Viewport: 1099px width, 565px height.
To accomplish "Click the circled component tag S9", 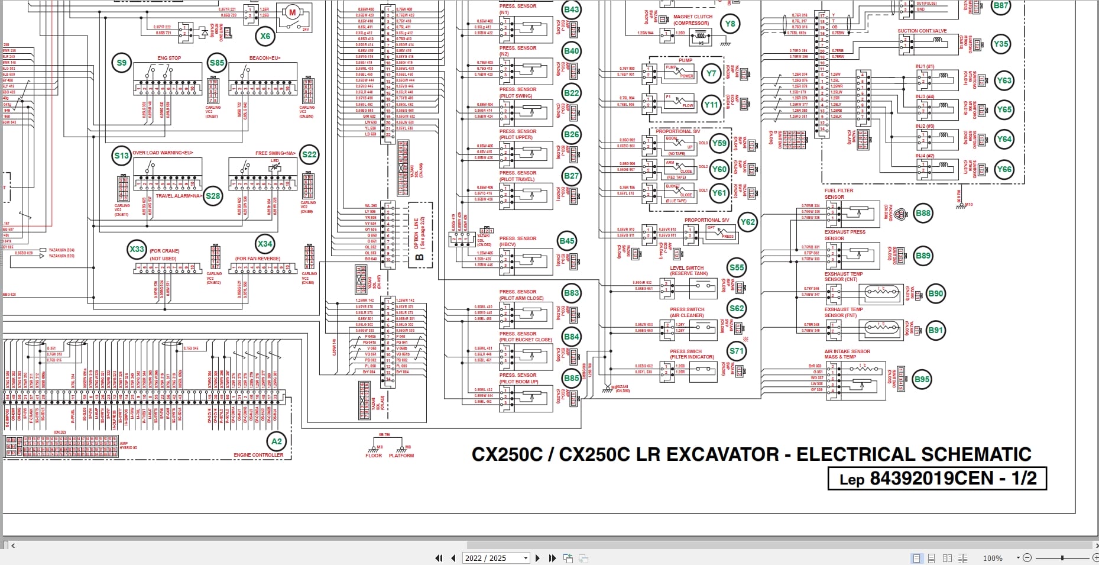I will click(121, 63).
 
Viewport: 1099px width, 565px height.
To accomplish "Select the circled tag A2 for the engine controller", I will click(277, 441).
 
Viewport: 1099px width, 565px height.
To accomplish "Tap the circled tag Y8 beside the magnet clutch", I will click(730, 24).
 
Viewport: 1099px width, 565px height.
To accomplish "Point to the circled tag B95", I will click(922, 380).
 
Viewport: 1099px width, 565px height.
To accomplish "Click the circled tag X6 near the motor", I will click(265, 36).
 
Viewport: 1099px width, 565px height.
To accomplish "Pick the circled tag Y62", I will click(748, 222).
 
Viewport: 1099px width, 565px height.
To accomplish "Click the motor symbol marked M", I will click(291, 13).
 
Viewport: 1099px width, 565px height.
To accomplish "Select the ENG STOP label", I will click(169, 58).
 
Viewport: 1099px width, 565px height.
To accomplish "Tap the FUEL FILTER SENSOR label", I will click(839, 193).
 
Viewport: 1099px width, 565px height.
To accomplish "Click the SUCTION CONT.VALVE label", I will click(922, 31).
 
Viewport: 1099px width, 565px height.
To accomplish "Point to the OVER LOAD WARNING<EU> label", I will click(163, 153).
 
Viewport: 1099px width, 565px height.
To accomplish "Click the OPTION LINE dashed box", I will click(420, 234).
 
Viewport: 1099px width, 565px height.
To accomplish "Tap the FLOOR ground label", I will click(374, 456).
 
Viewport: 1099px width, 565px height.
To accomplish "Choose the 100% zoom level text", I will click(993, 558).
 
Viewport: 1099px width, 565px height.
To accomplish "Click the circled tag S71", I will click(737, 351).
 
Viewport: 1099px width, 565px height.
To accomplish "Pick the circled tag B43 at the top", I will click(572, 9).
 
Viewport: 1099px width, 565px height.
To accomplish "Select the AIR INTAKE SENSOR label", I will click(847, 354).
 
